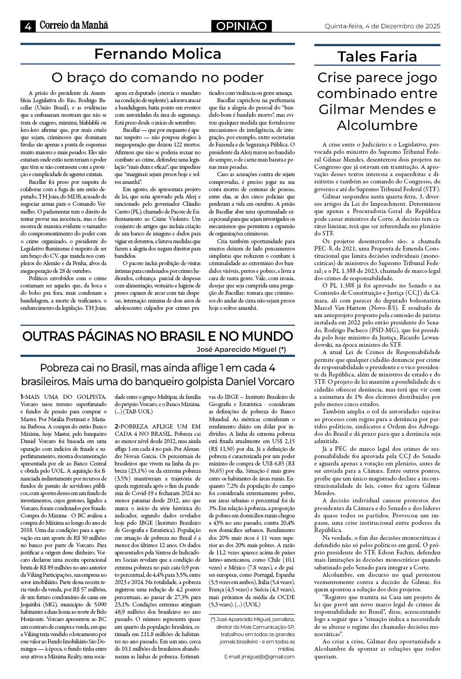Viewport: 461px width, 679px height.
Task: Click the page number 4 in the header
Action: pos(28,26)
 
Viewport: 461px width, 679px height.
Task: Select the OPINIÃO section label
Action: pos(241,26)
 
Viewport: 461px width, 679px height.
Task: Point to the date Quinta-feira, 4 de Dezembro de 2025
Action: pos(382,26)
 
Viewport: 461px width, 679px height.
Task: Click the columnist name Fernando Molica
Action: pos(157,54)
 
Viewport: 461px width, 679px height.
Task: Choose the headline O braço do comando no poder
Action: pos(157,77)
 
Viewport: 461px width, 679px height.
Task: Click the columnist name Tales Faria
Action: pos(377,57)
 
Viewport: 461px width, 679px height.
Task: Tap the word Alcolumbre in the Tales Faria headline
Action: pos(377,125)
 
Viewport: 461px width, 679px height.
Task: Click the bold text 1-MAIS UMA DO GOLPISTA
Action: pos(63,397)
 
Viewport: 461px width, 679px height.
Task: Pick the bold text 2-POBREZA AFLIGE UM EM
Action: pos(157,425)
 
